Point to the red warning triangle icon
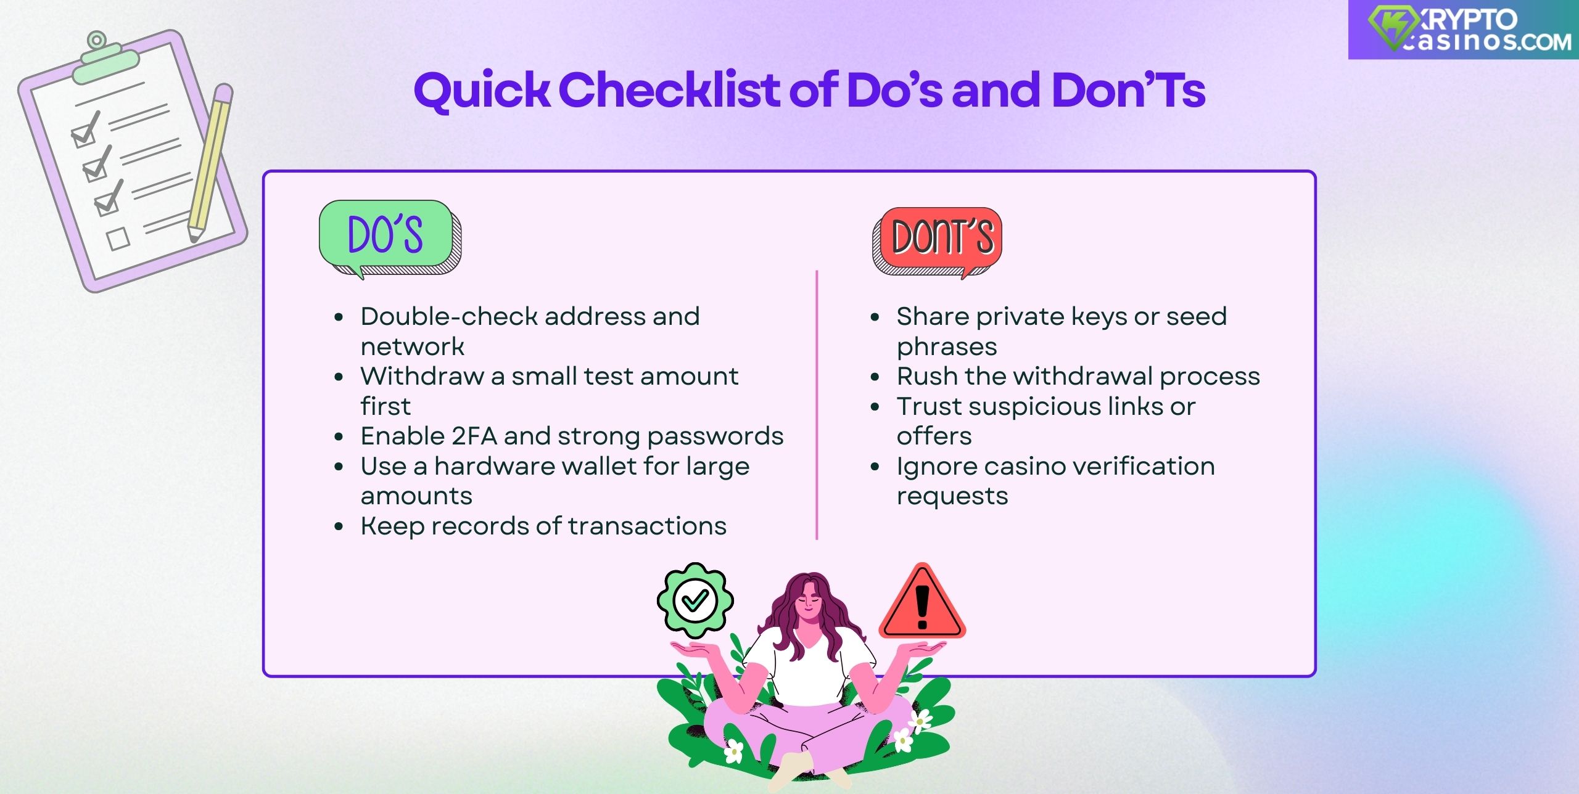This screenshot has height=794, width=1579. click(922, 605)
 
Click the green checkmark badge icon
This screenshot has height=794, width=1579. click(695, 600)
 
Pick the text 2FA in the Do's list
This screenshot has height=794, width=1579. click(474, 436)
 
